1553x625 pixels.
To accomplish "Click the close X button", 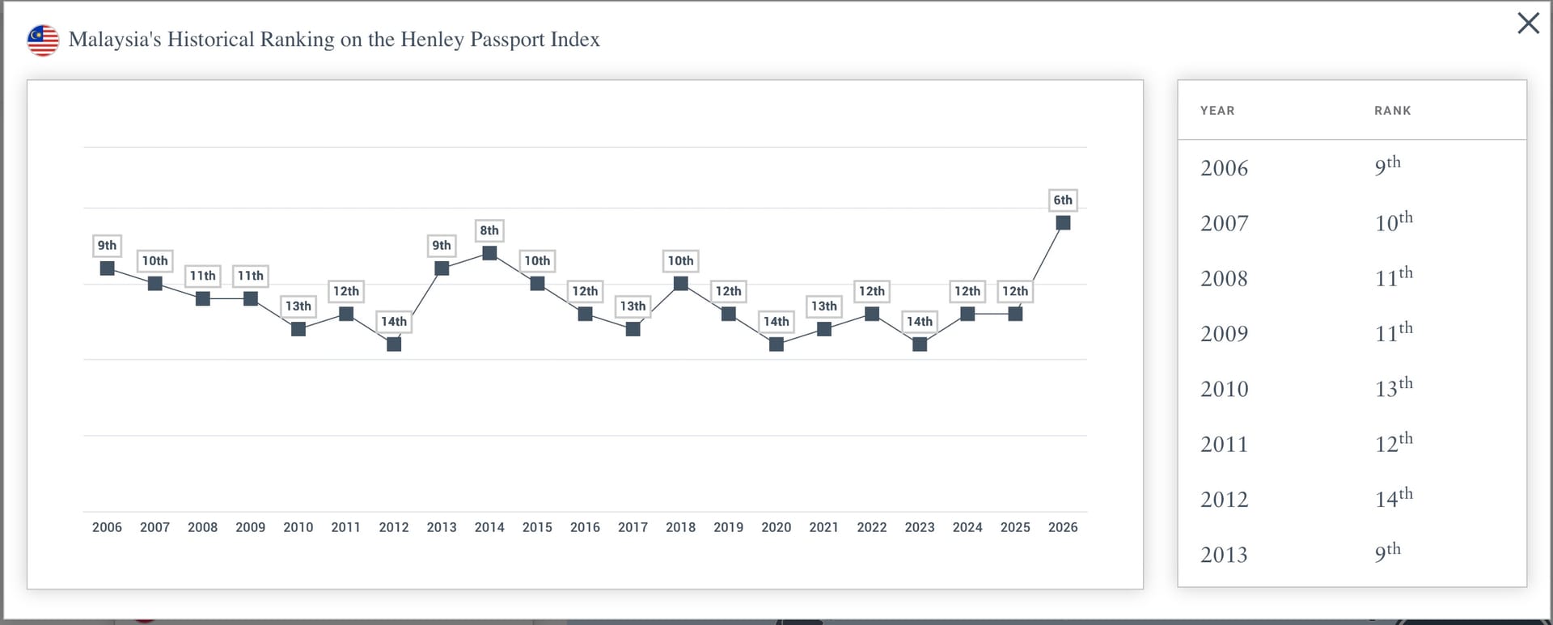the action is [x=1528, y=23].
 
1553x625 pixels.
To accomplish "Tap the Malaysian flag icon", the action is [x=43, y=40].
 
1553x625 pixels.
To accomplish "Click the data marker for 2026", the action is [x=1063, y=222].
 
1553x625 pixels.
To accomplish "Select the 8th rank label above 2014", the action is [x=489, y=230].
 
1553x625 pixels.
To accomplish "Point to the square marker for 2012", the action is [x=394, y=344].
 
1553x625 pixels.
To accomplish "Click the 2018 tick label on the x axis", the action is [x=680, y=527].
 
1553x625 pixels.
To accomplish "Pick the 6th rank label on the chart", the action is [x=1063, y=200].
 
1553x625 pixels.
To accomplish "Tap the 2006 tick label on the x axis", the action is [x=107, y=527].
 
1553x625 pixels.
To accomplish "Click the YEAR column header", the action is [x=1217, y=111].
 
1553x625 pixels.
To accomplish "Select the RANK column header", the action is [x=1393, y=111].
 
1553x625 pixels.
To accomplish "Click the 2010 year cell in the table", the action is [x=1225, y=389].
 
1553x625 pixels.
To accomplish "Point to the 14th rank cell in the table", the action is [x=1394, y=497].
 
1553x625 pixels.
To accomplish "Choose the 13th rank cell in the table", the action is [x=1394, y=386].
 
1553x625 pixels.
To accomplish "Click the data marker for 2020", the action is [x=776, y=344].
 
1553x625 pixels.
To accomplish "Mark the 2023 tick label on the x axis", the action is [x=920, y=527].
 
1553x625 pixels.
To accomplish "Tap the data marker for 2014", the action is [x=489, y=253].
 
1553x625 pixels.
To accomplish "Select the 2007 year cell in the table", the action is [x=1225, y=223].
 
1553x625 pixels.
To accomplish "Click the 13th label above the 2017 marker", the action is [x=633, y=306].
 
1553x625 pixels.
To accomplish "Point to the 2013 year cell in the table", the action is [x=1225, y=555].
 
